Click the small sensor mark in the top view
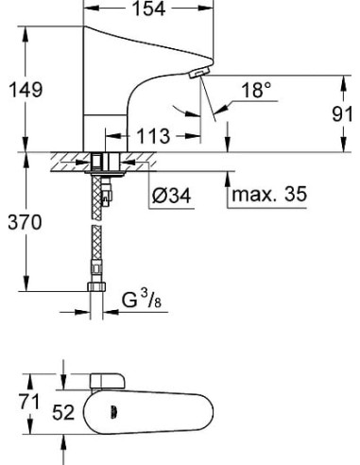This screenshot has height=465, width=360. (117, 410)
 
